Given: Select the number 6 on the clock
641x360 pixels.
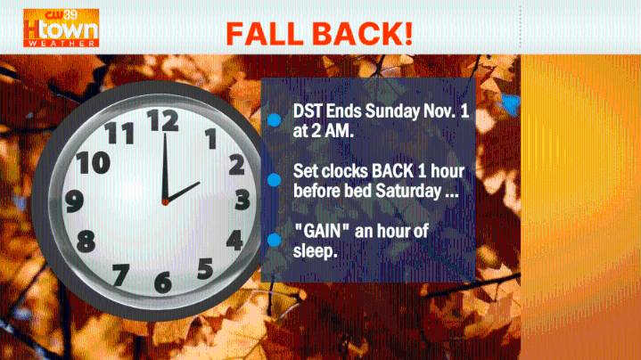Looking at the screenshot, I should pos(162,282).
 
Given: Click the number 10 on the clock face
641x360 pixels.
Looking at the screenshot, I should pos(93,163).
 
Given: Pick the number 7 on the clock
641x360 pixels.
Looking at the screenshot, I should pos(120,274).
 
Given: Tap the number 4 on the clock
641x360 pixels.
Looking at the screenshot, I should pos(234,240).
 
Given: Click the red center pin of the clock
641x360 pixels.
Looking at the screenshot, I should pos(164,202).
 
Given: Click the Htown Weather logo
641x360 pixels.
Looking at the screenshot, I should pos(61,28).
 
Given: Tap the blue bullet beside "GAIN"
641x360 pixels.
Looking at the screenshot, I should pos(275,239).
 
